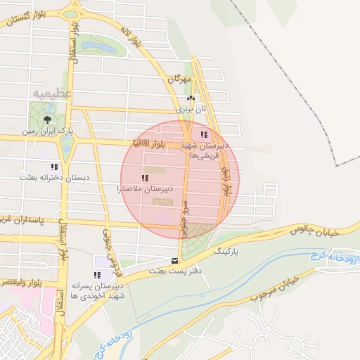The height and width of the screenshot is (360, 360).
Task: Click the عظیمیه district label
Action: click(52, 92)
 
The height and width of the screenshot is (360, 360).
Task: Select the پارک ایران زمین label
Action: click(47, 131)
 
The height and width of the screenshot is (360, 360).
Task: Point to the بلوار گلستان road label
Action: click(28, 19)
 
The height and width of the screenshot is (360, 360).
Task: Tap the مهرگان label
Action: click(180, 79)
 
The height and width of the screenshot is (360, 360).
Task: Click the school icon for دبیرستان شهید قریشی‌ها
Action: click(203, 134)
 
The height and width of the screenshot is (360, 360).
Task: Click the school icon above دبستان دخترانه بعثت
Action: click(53, 167)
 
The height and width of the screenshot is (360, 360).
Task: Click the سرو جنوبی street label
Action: click(184, 220)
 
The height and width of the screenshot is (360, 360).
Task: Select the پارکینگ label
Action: click(226, 250)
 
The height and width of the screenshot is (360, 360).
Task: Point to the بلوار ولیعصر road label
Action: click(17, 281)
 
